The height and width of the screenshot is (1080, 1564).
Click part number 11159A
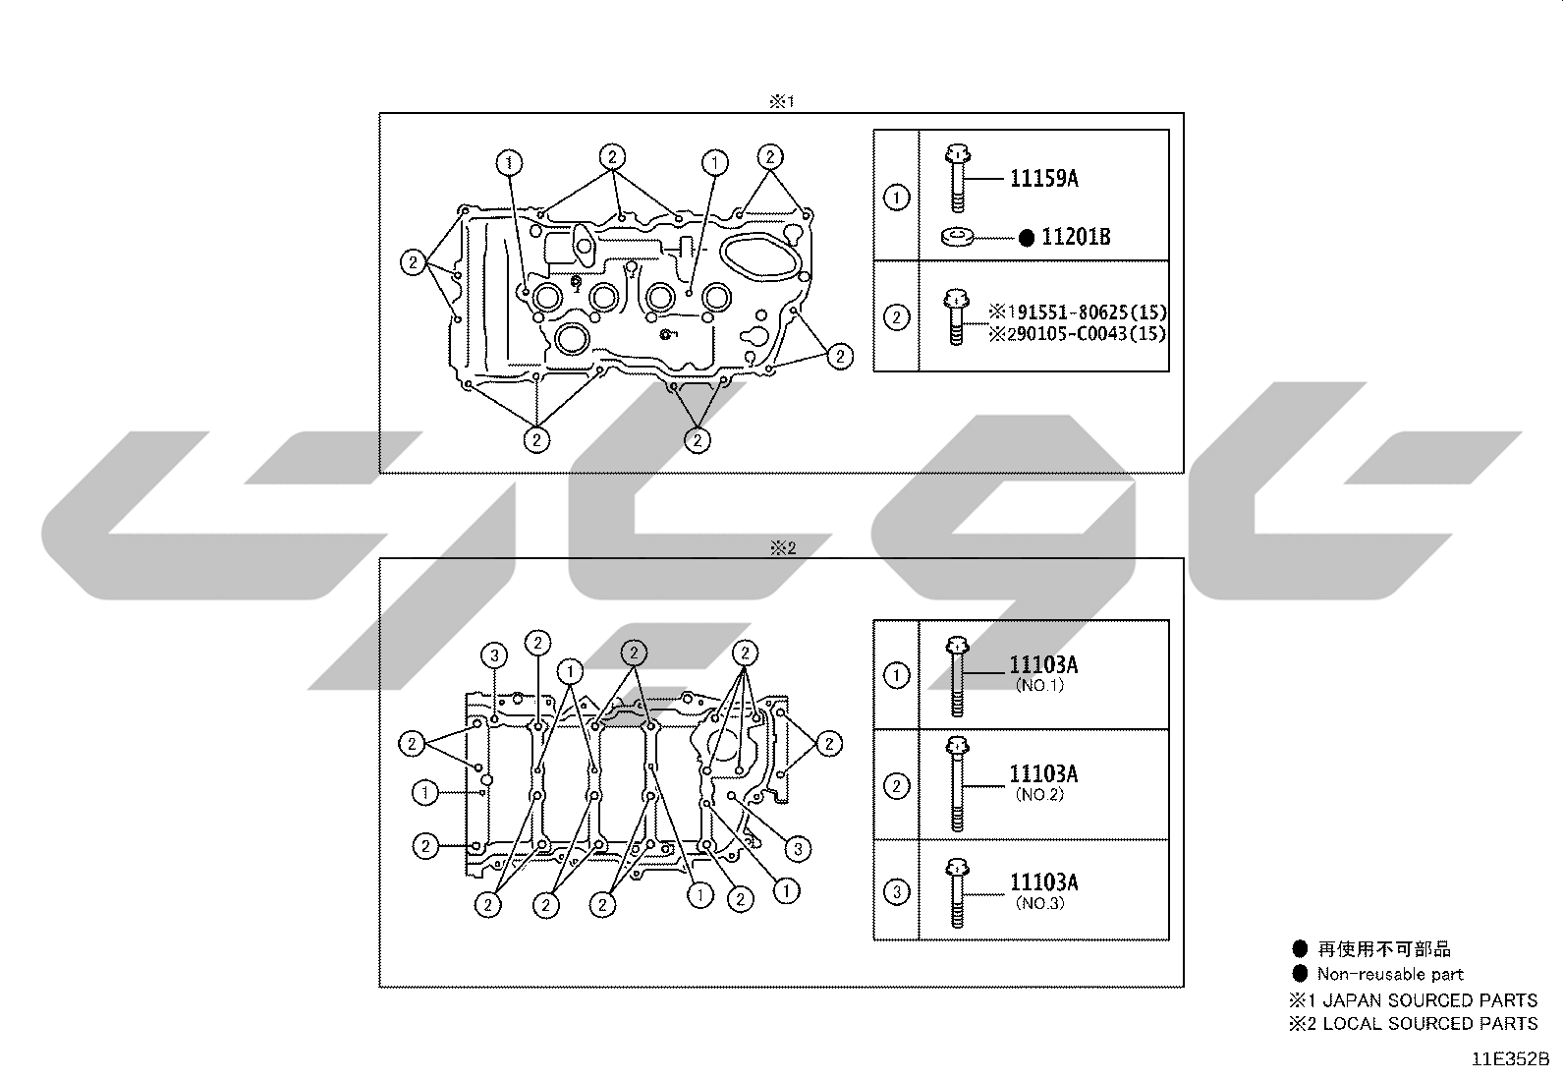tap(1044, 178)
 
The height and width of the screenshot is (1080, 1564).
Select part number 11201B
tap(1075, 238)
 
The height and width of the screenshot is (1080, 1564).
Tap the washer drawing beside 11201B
tap(958, 236)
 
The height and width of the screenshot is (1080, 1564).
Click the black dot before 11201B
tap(1027, 238)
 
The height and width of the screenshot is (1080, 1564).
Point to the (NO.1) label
tap(1039, 685)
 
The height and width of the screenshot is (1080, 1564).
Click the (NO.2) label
tap(1039, 794)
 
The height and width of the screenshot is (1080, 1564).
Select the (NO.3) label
tap(1039, 903)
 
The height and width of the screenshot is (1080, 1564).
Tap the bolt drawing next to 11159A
tap(957, 178)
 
